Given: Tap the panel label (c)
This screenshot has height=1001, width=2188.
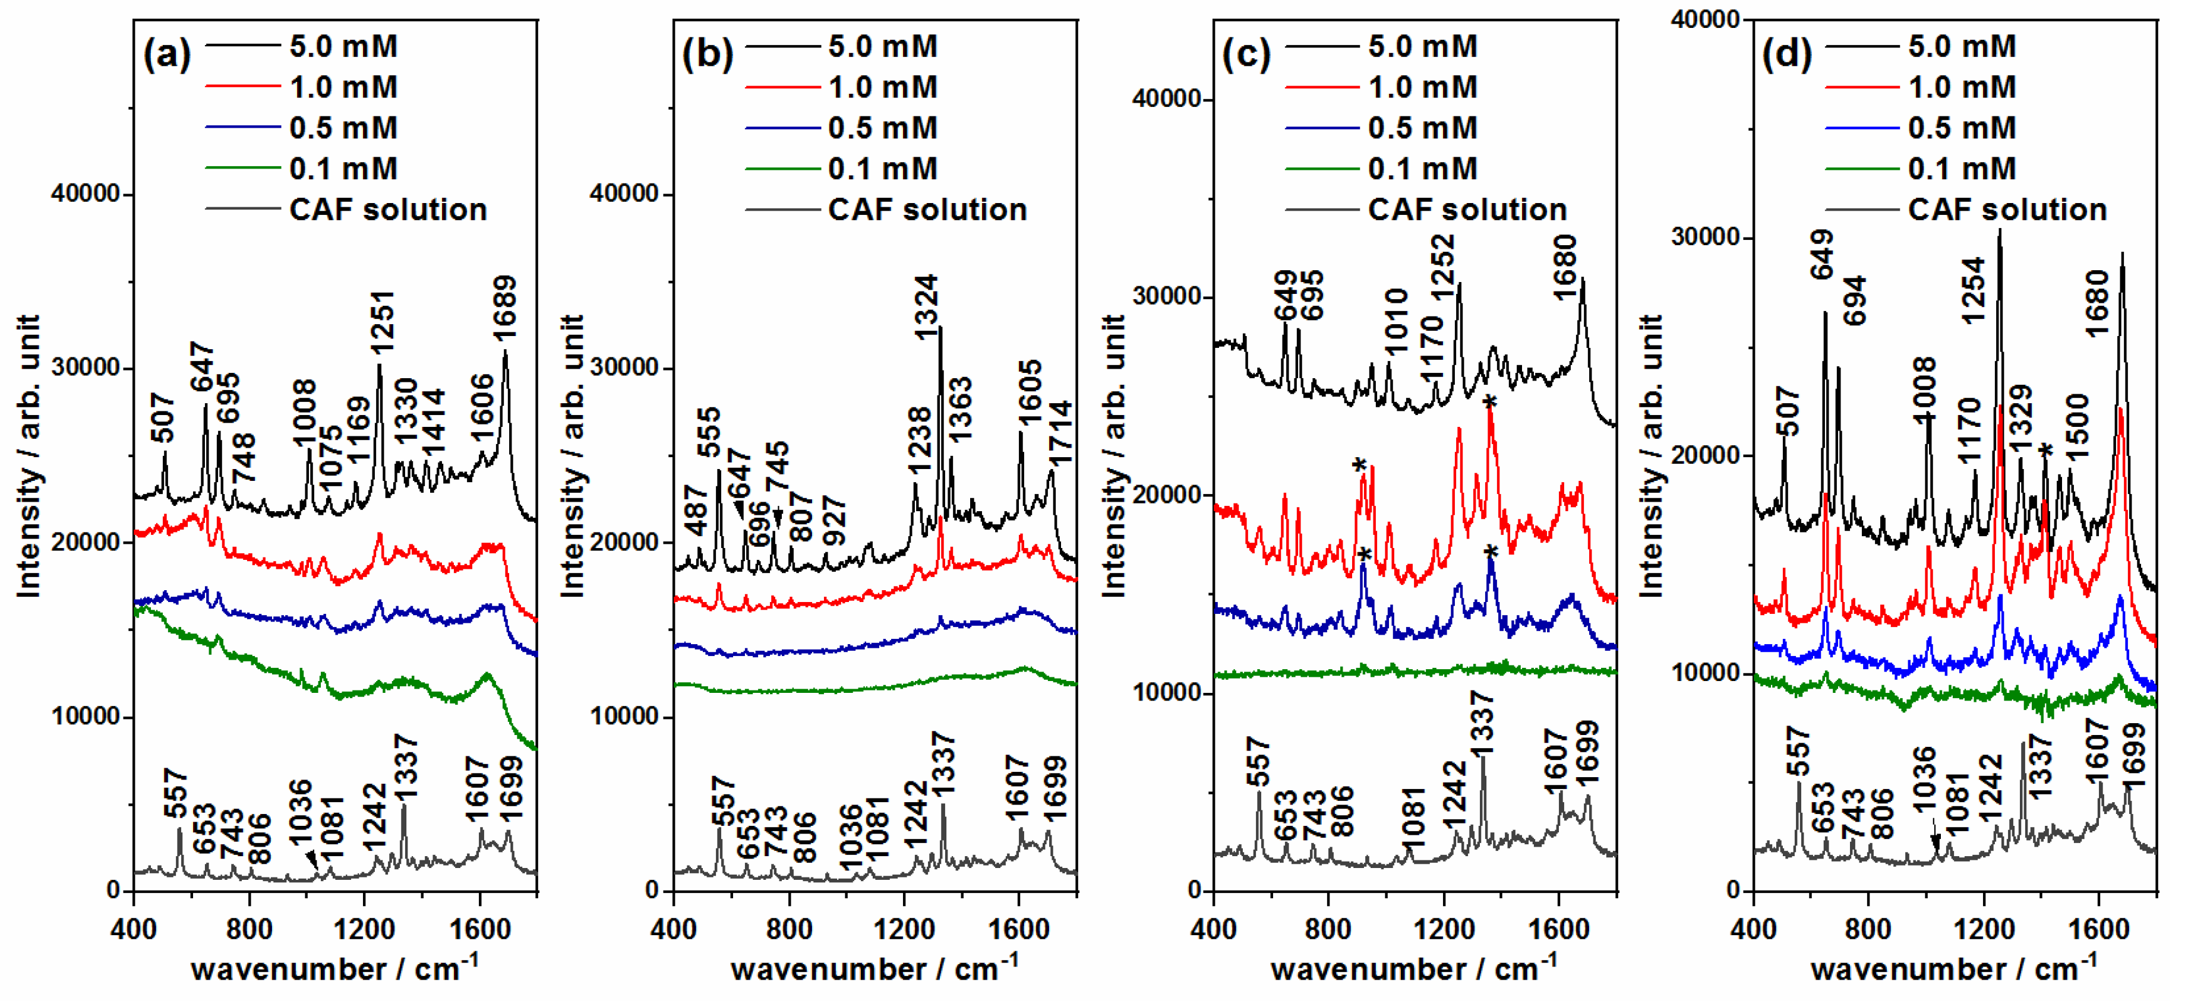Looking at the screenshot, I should [x=1245, y=55].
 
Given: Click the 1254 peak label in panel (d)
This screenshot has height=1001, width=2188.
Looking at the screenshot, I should [x=1972, y=290].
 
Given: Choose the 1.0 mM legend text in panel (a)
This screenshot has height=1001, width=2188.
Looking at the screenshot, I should [x=343, y=87].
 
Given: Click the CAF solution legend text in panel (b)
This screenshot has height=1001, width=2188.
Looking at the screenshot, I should [x=927, y=210].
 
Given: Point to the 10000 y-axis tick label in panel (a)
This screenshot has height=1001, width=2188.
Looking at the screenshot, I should [x=85, y=716].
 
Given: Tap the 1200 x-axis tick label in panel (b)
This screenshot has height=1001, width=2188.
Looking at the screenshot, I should [x=905, y=928].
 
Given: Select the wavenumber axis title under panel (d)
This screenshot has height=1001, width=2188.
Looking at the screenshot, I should [x=1953, y=968].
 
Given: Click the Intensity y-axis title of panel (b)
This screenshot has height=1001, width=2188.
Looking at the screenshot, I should [x=573, y=456].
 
